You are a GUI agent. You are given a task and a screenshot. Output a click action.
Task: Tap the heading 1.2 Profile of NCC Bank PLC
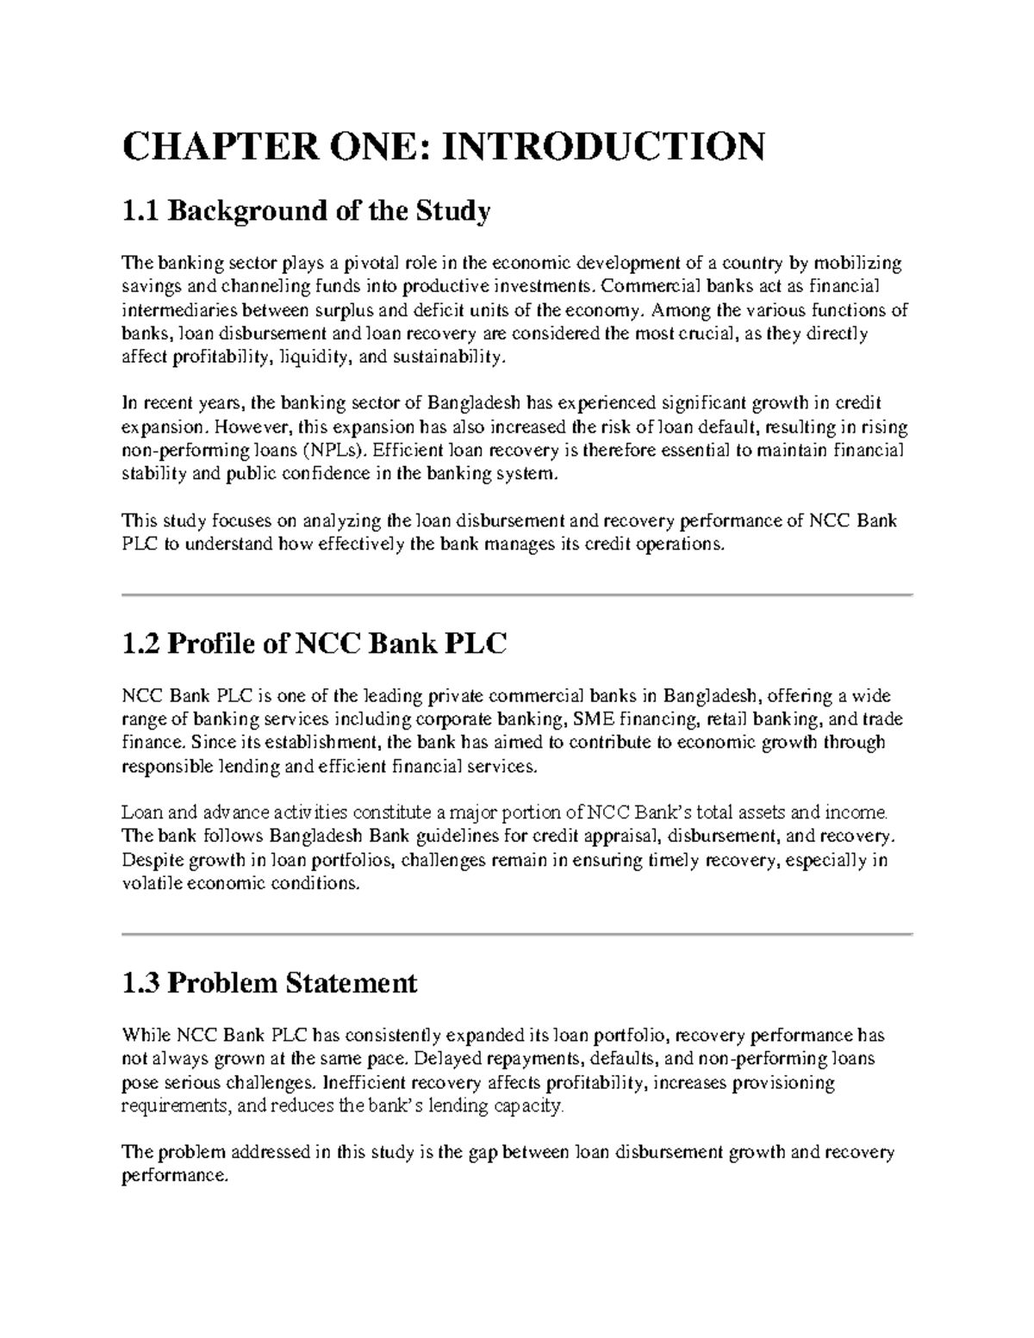(x=315, y=644)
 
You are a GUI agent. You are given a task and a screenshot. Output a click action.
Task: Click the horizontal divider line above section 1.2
(x=517, y=594)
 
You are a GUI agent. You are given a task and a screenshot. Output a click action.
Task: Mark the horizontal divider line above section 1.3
(x=517, y=933)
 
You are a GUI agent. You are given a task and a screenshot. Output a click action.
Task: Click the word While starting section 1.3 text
(x=146, y=1035)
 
